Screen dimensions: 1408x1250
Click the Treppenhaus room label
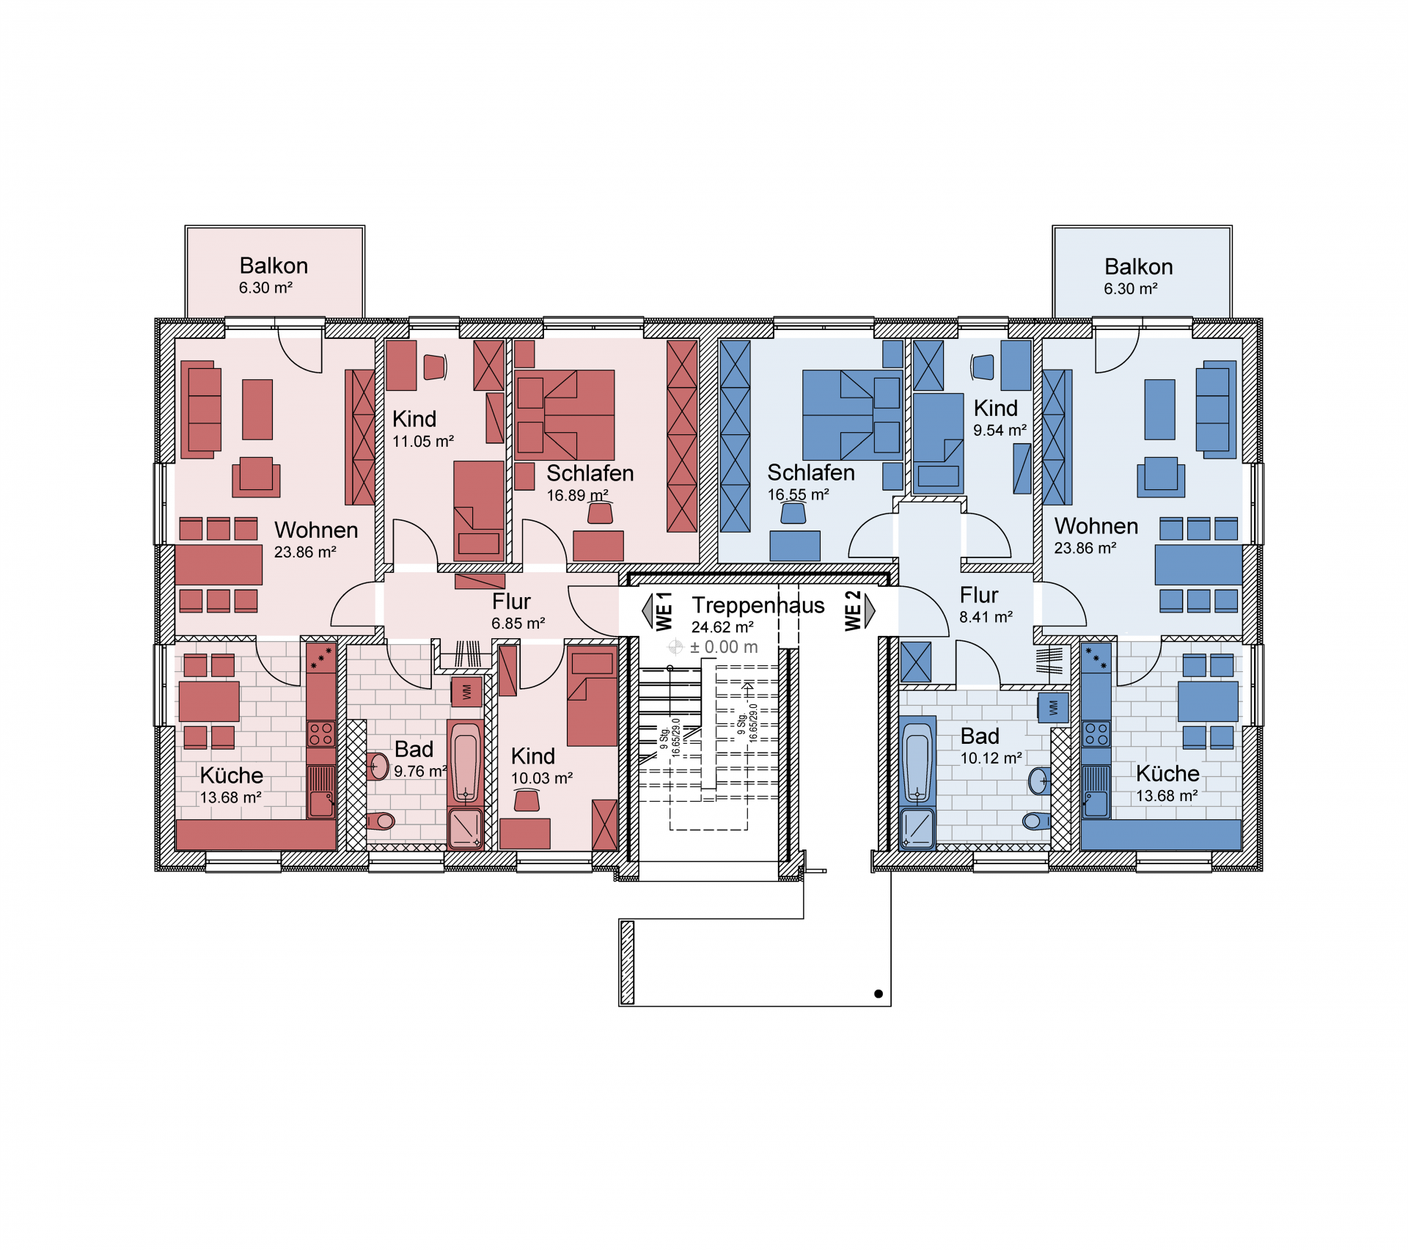click(x=758, y=605)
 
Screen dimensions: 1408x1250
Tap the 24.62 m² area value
click(x=722, y=627)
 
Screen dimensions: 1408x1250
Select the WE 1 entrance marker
click(x=659, y=611)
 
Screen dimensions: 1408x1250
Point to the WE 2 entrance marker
click(x=859, y=610)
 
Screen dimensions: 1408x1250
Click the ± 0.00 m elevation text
click(x=724, y=647)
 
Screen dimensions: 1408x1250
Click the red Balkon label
click(x=274, y=266)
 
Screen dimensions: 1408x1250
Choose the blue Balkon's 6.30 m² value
click(x=1131, y=289)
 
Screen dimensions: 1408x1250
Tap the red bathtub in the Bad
click(x=465, y=763)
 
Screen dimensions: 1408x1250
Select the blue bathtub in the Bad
click(x=917, y=761)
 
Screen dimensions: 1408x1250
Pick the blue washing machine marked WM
click(x=1053, y=708)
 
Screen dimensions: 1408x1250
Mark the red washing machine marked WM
click(x=466, y=692)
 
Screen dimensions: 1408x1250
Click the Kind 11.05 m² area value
click(x=423, y=442)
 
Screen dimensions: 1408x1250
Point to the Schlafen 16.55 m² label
click(x=811, y=483)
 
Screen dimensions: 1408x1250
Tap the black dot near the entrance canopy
click(x=879, y=994)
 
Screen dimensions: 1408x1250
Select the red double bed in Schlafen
click(x=565, y=415)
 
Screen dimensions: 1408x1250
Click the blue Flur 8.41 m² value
click(x=986, y=617)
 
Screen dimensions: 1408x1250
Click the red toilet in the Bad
click(x=380, y=821)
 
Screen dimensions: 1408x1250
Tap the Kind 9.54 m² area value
click(x=1000, y=431)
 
